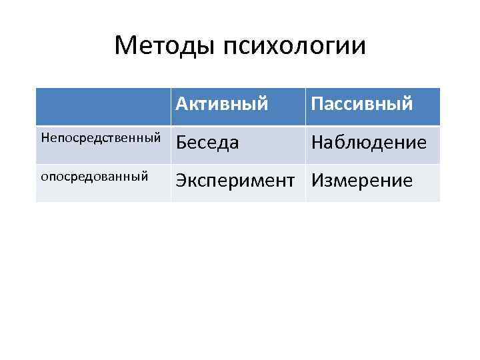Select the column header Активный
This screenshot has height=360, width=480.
click(223, 104)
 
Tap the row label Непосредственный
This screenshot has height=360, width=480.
click(101, 139)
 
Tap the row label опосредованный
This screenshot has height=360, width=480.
click(94, 177)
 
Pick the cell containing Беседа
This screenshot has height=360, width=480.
click(208, 143)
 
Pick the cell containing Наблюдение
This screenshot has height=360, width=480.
click(369, 143)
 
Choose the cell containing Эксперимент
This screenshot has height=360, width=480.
click(236, 181)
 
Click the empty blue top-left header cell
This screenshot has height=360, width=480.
click(103, 105)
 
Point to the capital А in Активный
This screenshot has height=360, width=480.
click(182, 104)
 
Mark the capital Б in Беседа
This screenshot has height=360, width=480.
click(181, 143)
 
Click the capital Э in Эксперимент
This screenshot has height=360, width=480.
click(181, 181)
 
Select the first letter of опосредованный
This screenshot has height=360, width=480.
click(44, 177)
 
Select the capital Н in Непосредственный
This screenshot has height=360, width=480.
click(45, 138)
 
